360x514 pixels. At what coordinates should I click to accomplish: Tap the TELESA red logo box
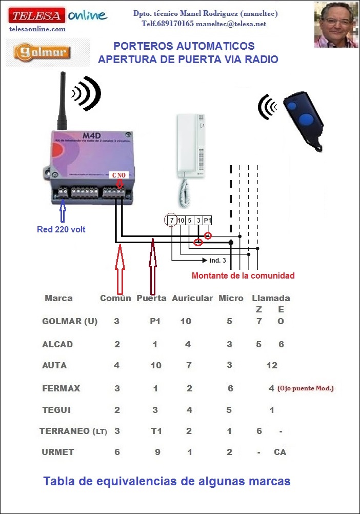point(36,16)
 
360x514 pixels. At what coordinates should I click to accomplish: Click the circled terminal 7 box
point(171,220)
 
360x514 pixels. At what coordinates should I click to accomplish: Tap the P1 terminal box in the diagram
point(207,220)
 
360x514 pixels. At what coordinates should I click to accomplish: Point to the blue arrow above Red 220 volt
point(63,211)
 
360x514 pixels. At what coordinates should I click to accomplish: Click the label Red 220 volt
point(61,229)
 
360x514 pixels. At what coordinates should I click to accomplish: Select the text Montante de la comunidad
point(243,275)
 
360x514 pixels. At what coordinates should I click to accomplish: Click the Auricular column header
point(192,298)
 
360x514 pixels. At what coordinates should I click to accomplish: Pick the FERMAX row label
point(61,388)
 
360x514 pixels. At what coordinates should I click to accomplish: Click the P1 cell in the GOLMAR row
point(155,322)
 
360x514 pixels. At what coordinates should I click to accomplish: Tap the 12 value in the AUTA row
point(272,366)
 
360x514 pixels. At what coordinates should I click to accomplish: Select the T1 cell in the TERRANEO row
point(156,431)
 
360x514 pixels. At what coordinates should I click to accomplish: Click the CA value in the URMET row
point(279,452)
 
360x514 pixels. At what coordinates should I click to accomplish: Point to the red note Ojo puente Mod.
point(306,388)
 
